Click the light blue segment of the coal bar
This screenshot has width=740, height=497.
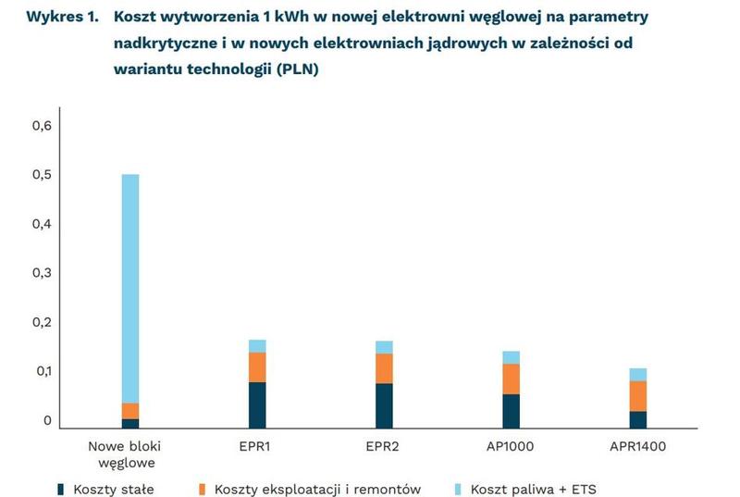130,287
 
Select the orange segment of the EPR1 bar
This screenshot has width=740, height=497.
257,367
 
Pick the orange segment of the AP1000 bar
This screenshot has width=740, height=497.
511,379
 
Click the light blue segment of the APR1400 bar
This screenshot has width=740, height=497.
638,374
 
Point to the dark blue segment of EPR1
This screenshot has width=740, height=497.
257,404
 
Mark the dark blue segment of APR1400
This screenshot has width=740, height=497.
638,419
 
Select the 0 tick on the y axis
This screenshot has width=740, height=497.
47,421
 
